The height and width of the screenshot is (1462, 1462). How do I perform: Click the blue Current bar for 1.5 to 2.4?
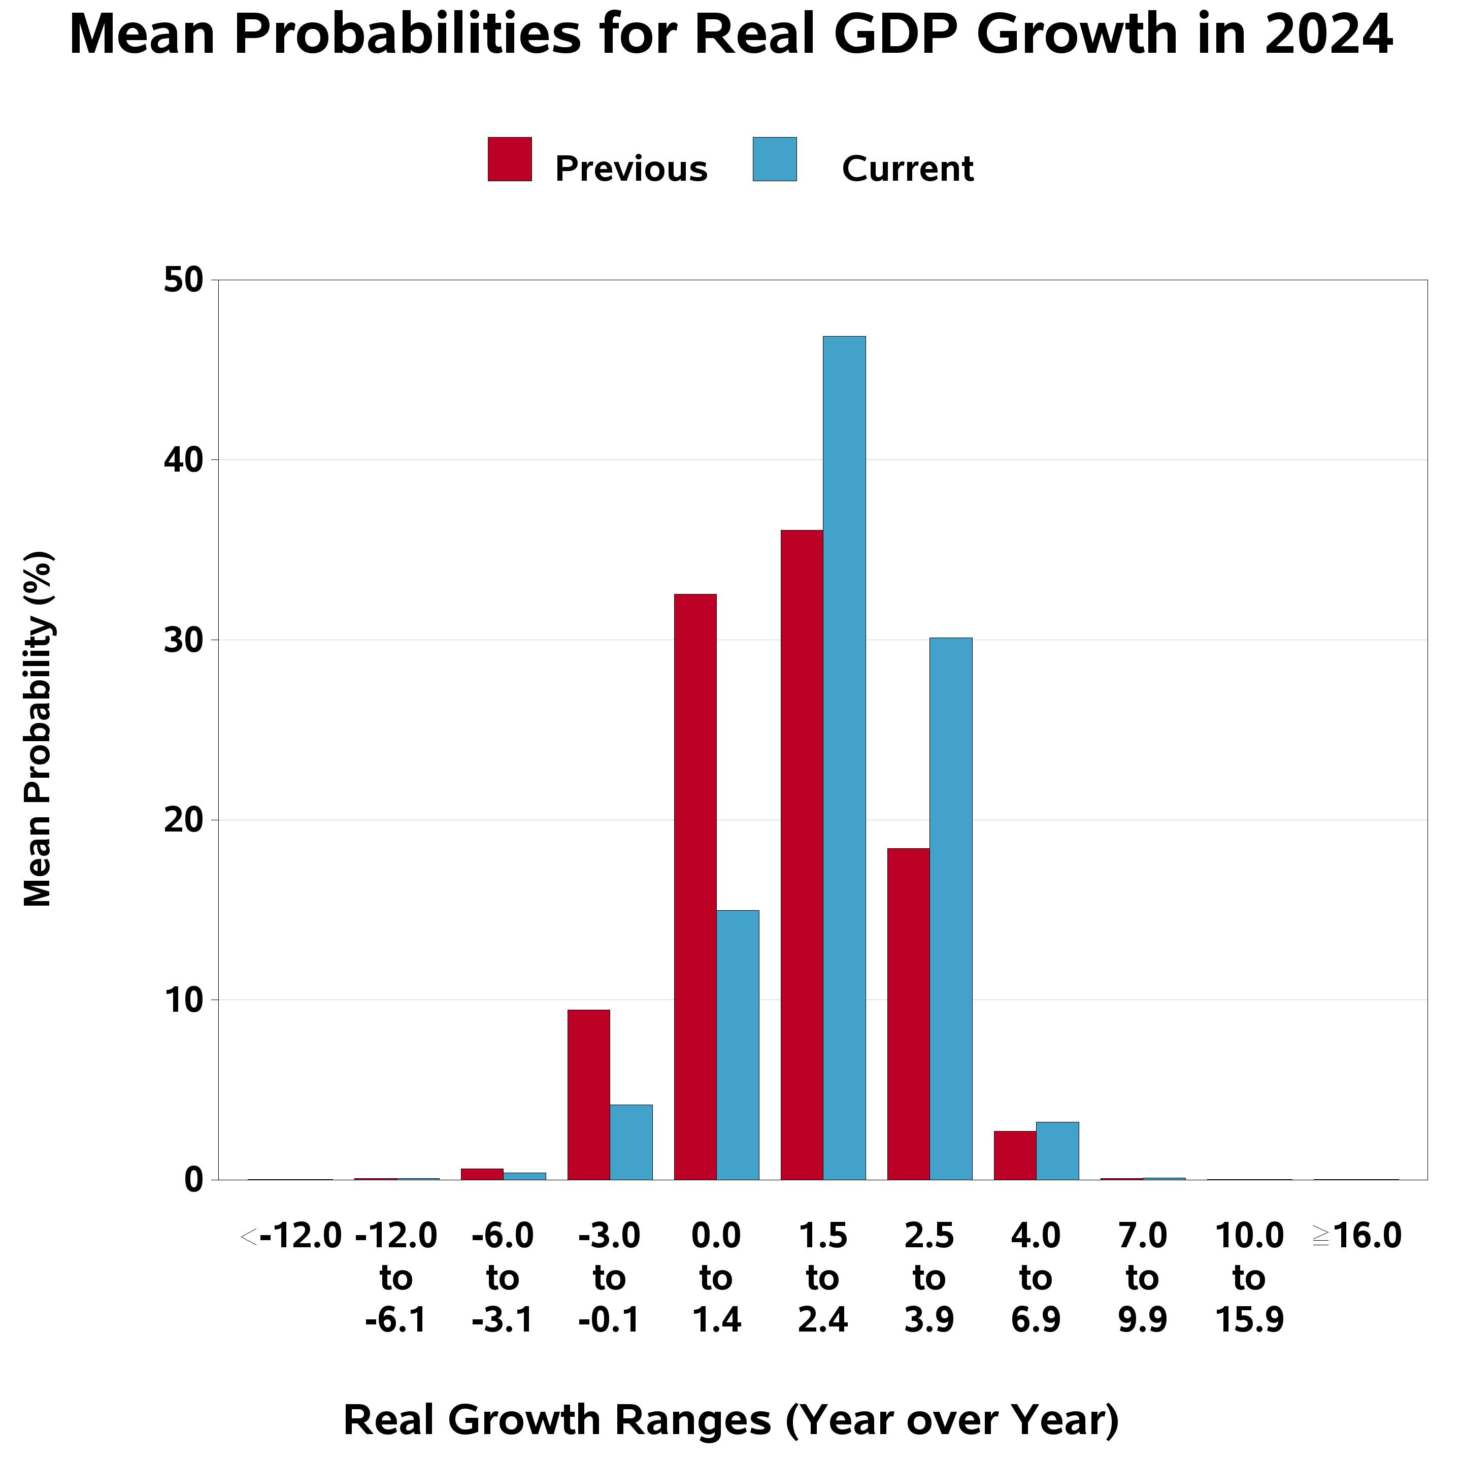coord(845,758)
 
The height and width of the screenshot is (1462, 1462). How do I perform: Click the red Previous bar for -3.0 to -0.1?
coord(589,1095)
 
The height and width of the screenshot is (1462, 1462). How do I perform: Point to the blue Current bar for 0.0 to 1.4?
coord(738,1045)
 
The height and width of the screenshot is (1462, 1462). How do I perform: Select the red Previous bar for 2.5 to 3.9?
coord(909,1014)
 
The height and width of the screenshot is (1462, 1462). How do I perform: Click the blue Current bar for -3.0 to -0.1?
coord(631,1143)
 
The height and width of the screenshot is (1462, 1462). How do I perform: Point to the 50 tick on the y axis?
coord(184,280)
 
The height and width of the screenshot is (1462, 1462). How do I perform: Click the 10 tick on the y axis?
coord(184,1001)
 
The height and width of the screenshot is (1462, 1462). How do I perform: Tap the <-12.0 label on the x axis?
coord(291,1237)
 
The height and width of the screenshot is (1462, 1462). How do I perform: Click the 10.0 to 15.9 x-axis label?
coord(1249,1278)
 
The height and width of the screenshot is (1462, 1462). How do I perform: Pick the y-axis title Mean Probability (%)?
coord(38,729)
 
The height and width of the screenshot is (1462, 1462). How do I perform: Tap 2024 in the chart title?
coord(1328,35)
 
